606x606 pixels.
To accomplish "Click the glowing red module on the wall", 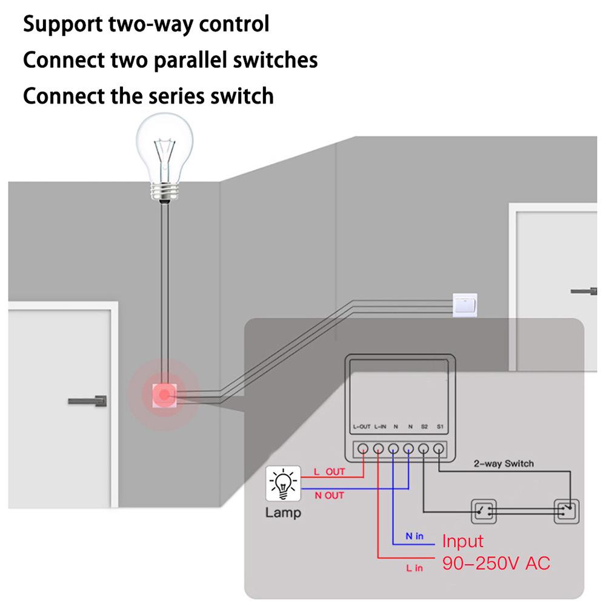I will point(162,396).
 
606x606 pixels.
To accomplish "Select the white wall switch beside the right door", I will point(465,304).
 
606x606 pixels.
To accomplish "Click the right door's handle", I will point(584,291).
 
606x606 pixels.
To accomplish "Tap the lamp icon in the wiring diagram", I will point(283,483).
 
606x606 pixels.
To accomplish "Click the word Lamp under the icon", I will point(282,513).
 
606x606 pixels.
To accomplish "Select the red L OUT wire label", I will point(329,471).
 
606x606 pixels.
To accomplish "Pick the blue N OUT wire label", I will point(329,495).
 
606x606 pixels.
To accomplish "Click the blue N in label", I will point(415,537).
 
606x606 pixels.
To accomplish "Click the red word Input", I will point(462,541).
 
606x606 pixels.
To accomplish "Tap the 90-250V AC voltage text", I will point(496,563).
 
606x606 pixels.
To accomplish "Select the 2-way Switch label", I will point(504,464).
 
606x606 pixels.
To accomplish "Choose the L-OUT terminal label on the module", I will point(361,427).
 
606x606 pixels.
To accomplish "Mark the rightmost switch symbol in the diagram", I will point(566,511).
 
